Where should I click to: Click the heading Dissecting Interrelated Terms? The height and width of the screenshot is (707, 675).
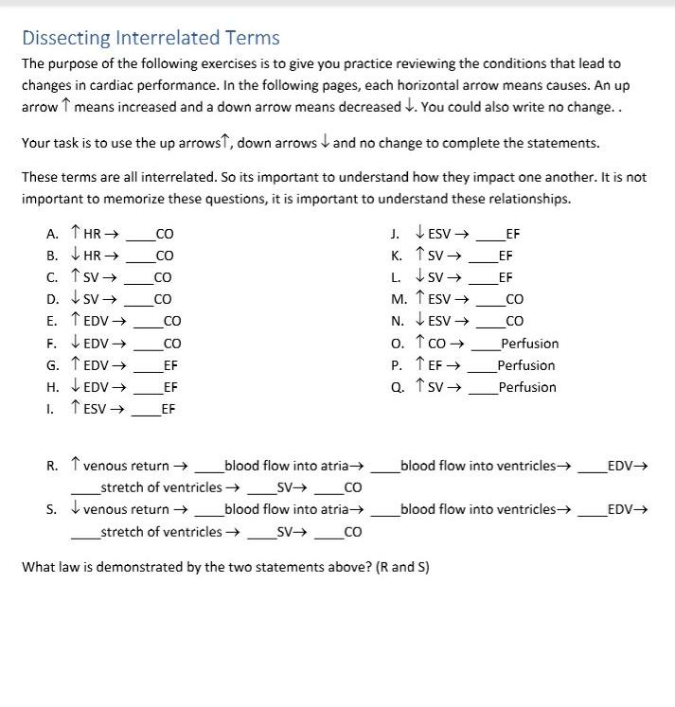point(151,38)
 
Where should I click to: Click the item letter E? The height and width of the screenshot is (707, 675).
point(51,320)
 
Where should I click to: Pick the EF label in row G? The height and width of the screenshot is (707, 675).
point(170,364)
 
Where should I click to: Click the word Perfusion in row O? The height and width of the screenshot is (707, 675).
point(530,344)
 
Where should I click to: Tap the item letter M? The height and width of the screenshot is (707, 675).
point(398,299)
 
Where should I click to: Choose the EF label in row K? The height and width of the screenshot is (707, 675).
point(506,256)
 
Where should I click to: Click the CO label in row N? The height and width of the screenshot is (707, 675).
point(515,321)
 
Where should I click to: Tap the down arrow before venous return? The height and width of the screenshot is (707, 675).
point(76,509)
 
